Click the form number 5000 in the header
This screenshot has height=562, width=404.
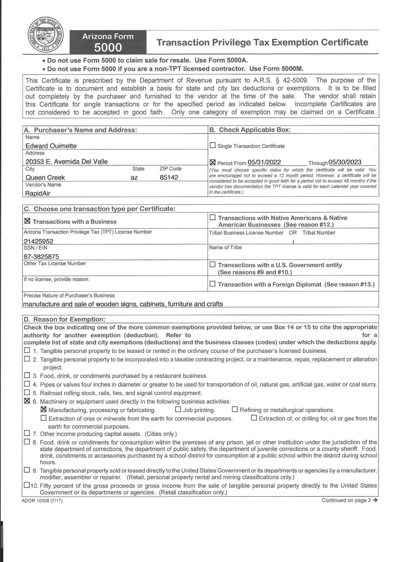(x=108, y=48)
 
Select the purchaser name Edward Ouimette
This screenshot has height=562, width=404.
(x=51, y=146)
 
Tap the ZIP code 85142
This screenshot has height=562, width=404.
(x=169, y=177)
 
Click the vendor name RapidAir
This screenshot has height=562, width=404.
(x=38, y=193)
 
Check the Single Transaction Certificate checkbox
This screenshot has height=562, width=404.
(x=213, y=146)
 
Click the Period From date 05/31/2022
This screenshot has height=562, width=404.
(x=264, y=162)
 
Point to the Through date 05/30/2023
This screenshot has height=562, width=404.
(x=345, y=162)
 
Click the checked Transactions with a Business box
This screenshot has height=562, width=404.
(x=27, y=221)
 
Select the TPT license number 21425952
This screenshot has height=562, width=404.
(x=39, y=241)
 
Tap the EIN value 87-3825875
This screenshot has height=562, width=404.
(x=41, y=257)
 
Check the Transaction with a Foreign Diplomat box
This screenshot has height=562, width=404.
(x=213, y=284)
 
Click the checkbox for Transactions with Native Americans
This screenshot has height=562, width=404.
(x=213, y=218)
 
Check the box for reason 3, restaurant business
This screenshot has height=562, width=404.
(x=27, y=376)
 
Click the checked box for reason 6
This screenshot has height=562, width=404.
(x=27, y=401)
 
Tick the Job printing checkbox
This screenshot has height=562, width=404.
(x=178, y=409)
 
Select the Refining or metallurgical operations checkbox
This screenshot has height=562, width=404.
(x=235, y=409)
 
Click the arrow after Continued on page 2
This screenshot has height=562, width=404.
(x=375, y=500)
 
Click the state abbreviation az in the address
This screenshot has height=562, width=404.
(x=134, y=177)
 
